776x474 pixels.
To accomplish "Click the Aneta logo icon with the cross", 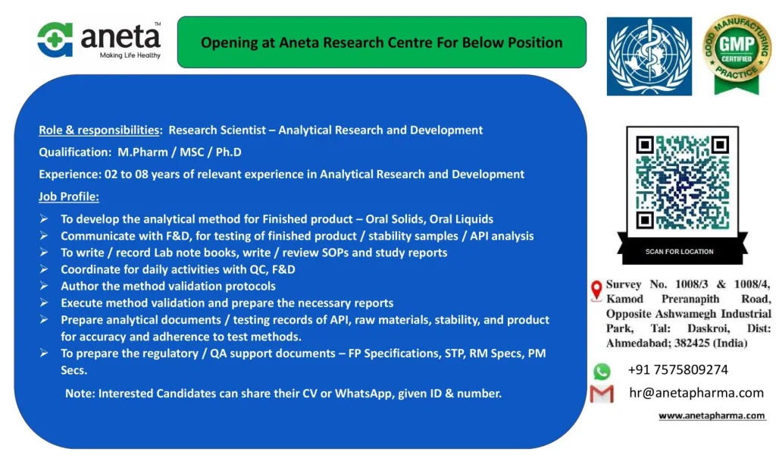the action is click(55, 39).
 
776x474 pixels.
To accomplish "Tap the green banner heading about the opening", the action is click(382, 42).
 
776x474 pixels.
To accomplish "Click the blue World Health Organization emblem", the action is click(649, 56).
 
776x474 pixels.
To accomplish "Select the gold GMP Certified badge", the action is click(737, 54).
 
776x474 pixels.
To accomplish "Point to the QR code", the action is click(682, 182).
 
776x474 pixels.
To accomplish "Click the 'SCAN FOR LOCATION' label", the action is click(679, 252).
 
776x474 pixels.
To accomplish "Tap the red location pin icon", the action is click(596, 290).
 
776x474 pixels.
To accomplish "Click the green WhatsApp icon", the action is click(602, 371).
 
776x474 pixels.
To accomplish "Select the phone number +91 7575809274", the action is click(677, 369).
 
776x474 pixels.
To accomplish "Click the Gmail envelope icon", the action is click(602, 394).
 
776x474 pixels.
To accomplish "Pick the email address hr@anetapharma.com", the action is click(696, 393).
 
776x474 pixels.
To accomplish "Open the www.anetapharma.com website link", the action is click(712, 416).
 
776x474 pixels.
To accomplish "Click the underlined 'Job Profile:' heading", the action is click(69, 196).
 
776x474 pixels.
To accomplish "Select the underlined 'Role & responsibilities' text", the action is click(99, 130).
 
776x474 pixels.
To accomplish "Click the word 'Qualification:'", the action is click(75, 152).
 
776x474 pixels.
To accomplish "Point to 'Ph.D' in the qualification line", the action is click(229, 152).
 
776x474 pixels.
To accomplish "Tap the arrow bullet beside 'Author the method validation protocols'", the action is click(44, 286).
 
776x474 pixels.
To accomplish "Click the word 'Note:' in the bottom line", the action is click(80, 394).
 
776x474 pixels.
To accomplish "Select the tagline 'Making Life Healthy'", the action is click(130, 55).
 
